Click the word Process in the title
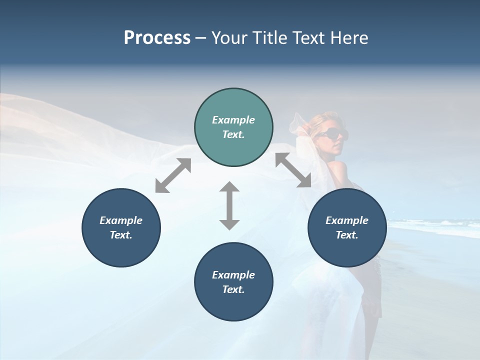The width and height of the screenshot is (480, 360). pyautogui.click(x=157, y=38)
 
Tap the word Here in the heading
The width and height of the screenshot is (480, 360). pyautogui.click(x=348, y=38)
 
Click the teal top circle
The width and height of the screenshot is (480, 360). pyautogui.click(x=233, y=127)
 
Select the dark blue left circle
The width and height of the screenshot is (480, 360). pyautogui.click(x=121, y=227)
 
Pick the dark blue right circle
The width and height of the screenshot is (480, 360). pyautogui.click(x=347, y=227)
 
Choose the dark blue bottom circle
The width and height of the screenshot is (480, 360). pyautogui.click(x=233, y=281)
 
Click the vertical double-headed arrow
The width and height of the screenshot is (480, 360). pyautogui.click(x=229, y=205)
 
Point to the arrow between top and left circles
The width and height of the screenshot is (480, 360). pyautogui.click(x=173, y=175)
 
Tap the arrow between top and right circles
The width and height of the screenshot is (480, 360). pyautogui.click(x=293, y=170)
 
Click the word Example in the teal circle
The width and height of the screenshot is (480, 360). pyautogui.click(x=233, y=120)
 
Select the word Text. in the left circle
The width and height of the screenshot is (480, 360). pyautogui.click(x=121, y=235)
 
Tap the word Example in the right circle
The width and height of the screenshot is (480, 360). pyautogui.click(x=347, y=220)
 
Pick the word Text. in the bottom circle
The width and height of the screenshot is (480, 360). pyautogui.click(x=233, y=289)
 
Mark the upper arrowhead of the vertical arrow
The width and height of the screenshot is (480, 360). pyautogui.click(x=229, y=187)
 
